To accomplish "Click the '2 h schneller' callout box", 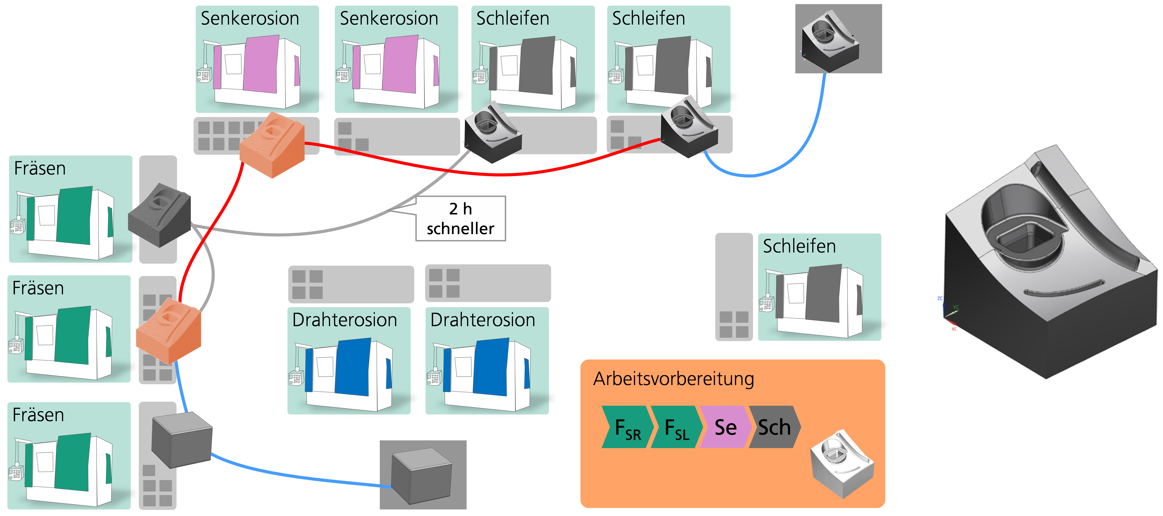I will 461,219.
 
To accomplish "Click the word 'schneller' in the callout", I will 461,229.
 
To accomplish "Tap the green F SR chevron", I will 628,427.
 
